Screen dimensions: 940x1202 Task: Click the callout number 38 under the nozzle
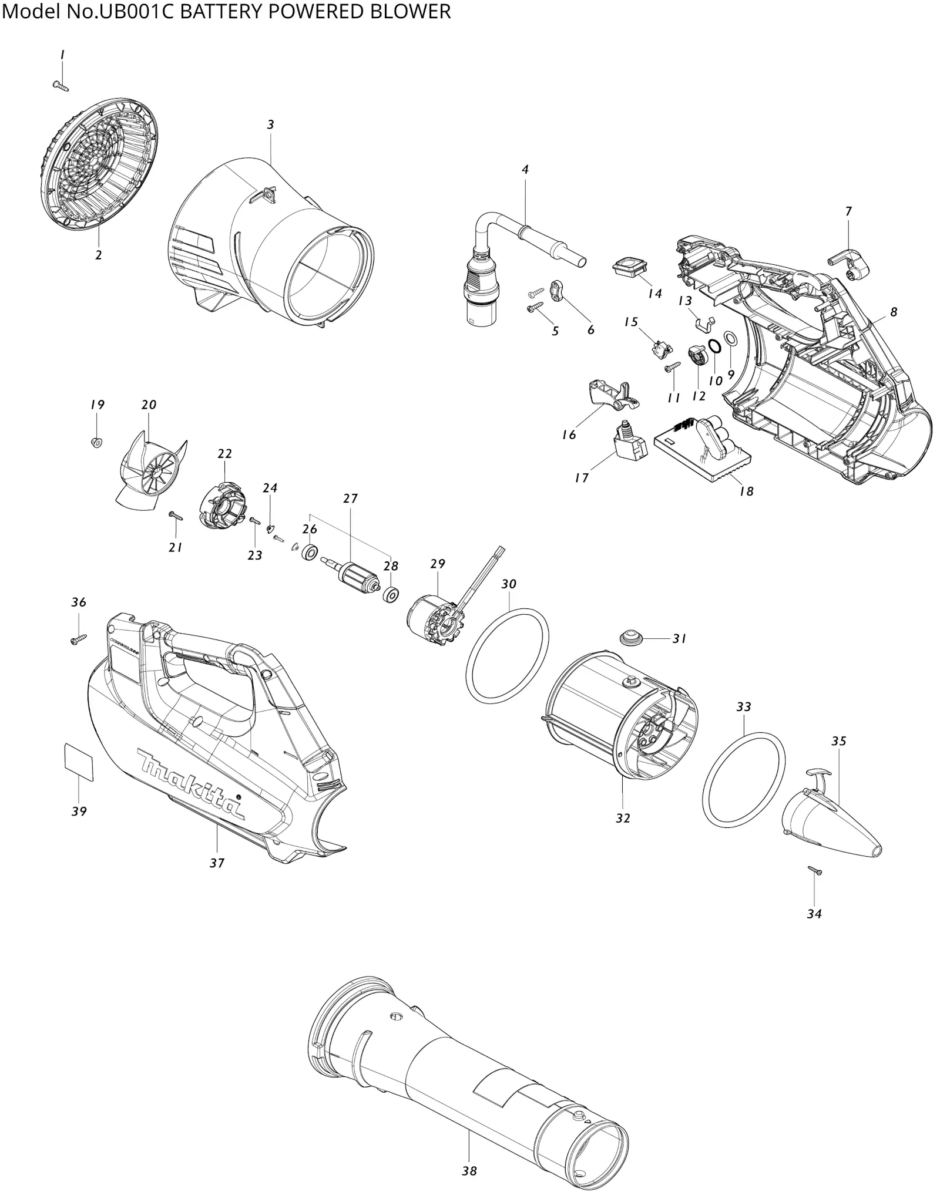tap(469, 1171)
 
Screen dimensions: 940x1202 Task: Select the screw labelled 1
tap(61, 86)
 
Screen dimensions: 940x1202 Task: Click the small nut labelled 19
tap(97, 442)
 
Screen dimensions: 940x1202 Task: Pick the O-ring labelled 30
tap(508, 655)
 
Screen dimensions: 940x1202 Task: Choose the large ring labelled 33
tap(744, 779)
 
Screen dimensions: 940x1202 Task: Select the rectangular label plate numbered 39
tap(78, 762)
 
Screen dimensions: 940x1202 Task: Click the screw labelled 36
tap(78, 639)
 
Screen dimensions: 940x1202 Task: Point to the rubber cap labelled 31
tap(630, 637)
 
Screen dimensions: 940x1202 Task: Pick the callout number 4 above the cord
tap(525, 170)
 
